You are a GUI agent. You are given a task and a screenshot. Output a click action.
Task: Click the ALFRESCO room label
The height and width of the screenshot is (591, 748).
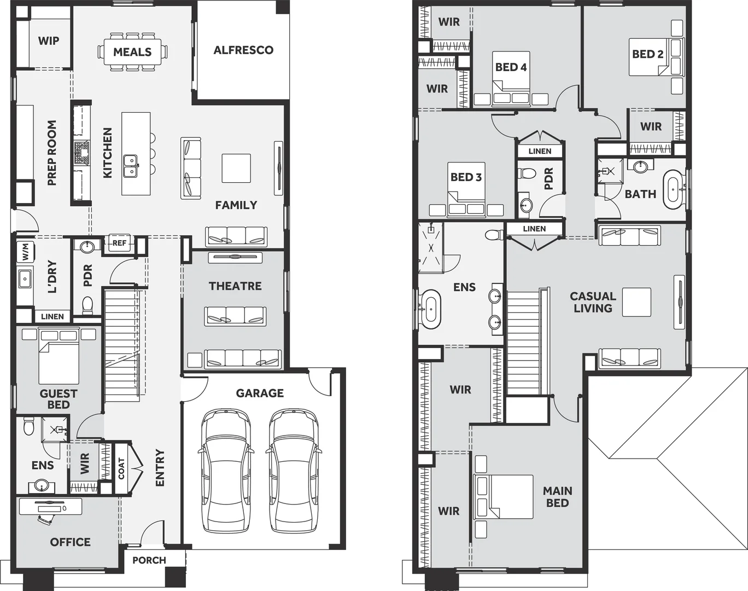click(x=243, y=50)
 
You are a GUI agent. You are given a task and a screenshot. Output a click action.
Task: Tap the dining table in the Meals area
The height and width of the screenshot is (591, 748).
click(x=132, y=52)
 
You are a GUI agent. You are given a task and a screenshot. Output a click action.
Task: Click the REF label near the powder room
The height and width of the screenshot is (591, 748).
click(x=119, y=243)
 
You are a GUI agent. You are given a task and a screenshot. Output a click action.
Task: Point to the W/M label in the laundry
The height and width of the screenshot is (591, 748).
click(x=25, y=252)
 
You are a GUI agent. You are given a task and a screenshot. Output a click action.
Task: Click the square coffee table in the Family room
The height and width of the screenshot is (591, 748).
click(x=236, y=169)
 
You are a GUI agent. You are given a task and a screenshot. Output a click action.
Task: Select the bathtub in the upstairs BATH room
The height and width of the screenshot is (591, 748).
click(x=673, y=189)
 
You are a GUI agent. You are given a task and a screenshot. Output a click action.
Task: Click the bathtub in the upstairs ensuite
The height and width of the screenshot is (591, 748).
click(x=430, y=309)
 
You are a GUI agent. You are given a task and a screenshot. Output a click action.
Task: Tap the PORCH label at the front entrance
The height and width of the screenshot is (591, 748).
click(x=149, y=560)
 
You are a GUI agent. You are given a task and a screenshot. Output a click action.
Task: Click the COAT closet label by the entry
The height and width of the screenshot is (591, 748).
click(x=121, y=468)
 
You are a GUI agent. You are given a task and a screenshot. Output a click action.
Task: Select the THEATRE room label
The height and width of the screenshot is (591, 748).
click(x=235, y=286)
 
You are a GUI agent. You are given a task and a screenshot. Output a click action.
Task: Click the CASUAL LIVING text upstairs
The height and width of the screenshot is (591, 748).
click(x=593, y=302)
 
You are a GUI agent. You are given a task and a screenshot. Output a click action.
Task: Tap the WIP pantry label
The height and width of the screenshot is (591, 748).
click(x=49, y=41)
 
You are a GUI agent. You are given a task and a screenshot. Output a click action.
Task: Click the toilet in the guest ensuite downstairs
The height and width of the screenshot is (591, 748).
click(x=29, y=426)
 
